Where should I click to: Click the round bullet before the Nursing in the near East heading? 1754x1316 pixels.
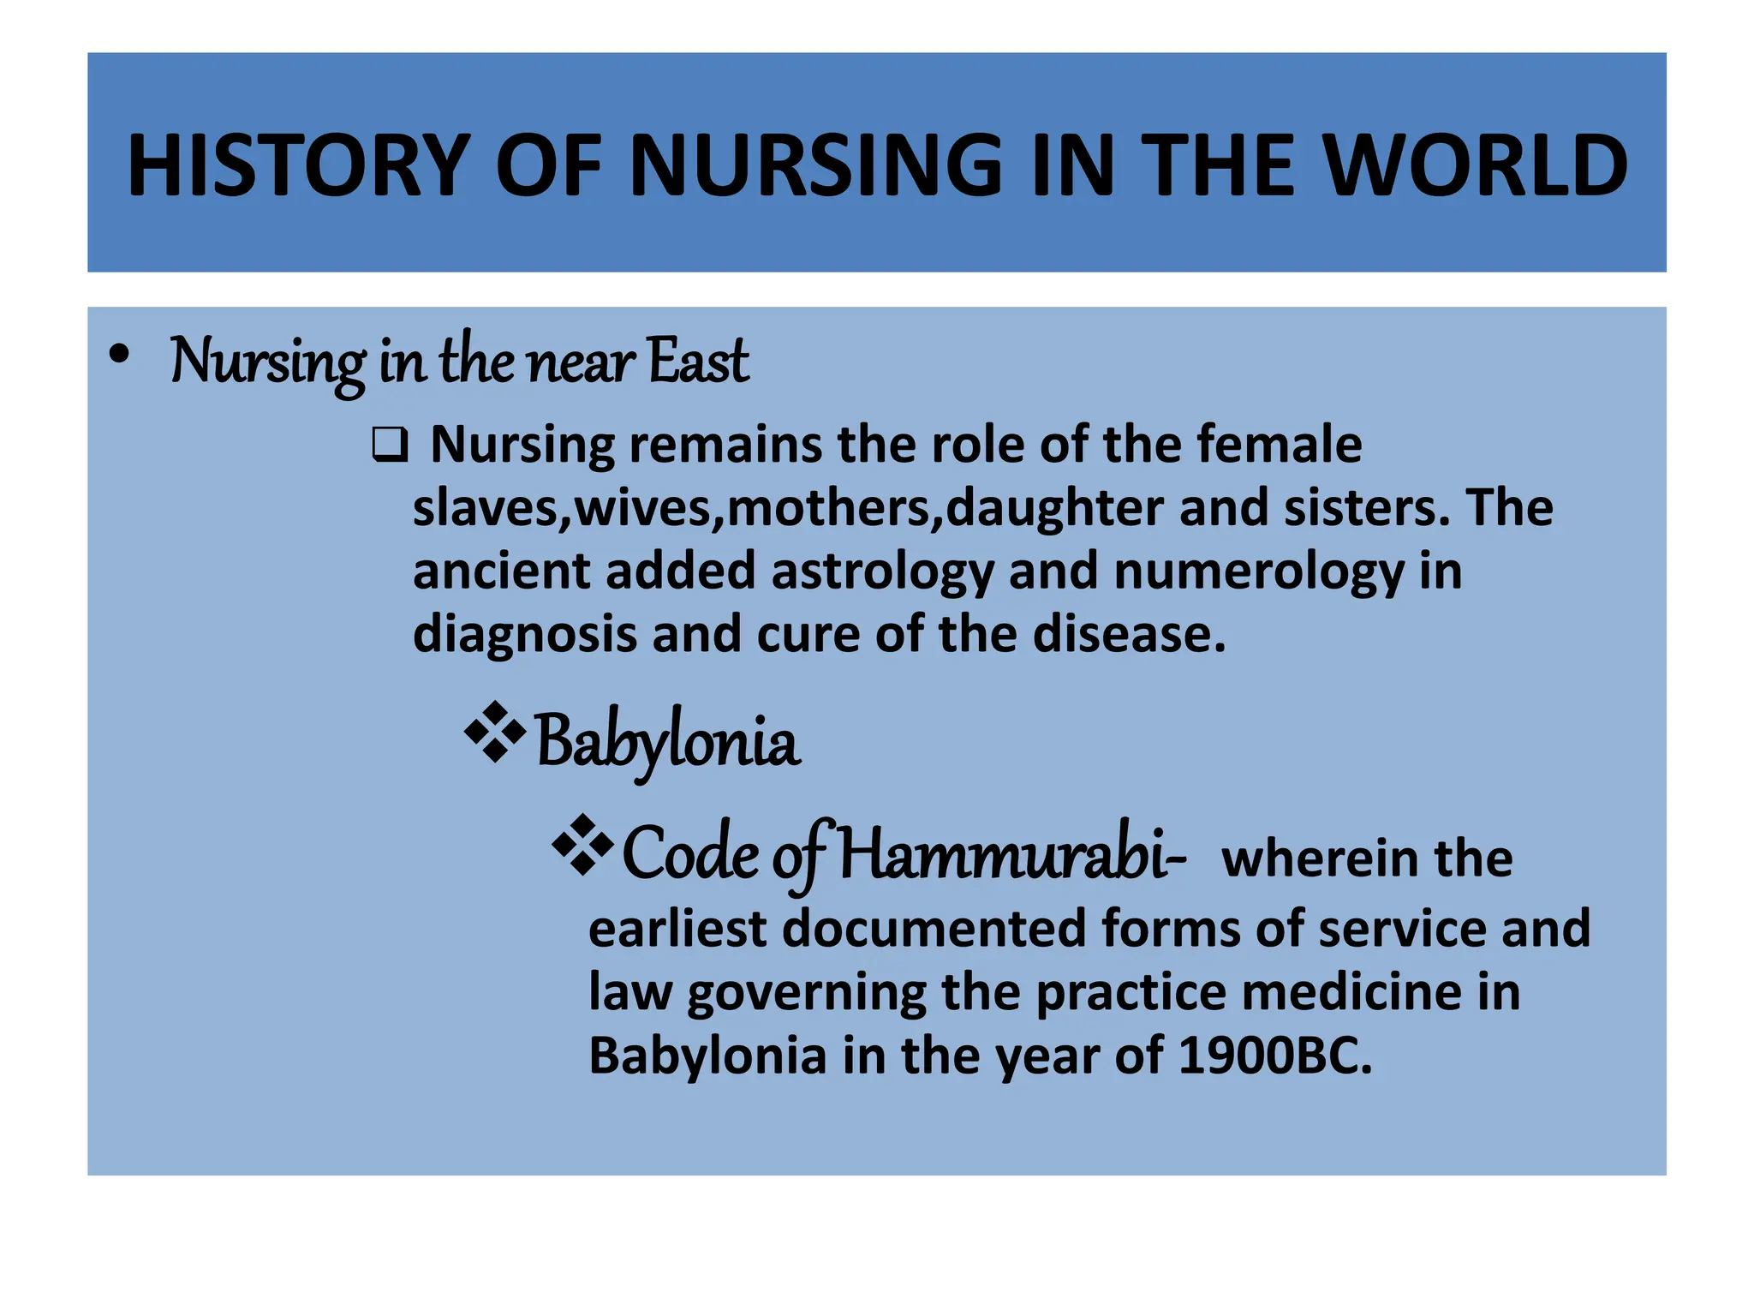coord(120,354)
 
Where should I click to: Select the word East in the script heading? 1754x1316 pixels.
coord(698,361)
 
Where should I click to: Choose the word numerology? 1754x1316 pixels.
coord(1259,571)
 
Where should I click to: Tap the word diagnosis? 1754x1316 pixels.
coord(524,635)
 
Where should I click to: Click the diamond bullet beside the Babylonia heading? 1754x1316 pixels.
coord(495,732)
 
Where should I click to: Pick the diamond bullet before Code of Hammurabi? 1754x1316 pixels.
coord(583,845)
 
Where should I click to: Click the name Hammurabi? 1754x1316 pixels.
coord(1011,854)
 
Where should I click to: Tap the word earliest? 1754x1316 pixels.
coord(677,929)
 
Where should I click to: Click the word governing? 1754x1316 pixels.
coord(806,993)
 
